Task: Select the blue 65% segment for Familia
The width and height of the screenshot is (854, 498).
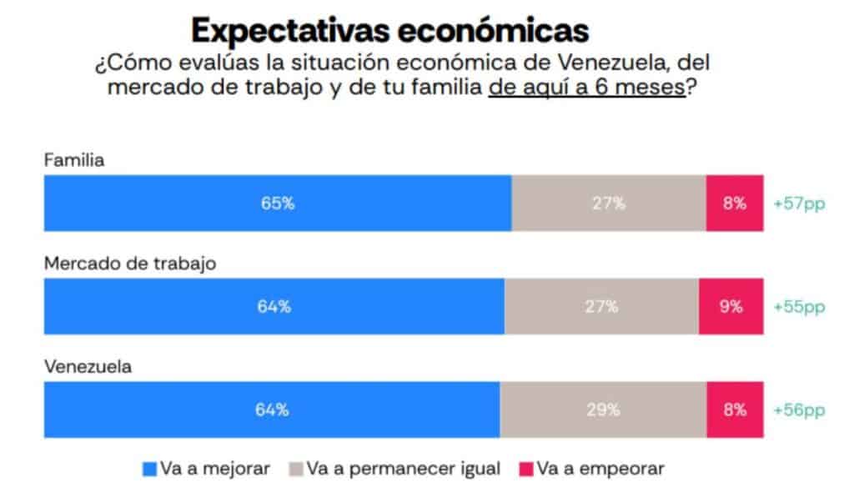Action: [277, 203]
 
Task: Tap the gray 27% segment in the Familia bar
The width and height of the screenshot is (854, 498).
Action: [608, 203]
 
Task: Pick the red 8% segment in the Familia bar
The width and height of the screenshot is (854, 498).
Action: [734, 203]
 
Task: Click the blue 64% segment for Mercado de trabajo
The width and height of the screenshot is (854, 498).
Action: [274, 306]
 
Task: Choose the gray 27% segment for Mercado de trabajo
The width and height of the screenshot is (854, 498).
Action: [600, 306]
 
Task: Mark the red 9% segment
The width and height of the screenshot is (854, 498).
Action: [731, 306]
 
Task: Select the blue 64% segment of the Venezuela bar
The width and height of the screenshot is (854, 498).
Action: [272, 410]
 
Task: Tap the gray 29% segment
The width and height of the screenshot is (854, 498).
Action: [603, 410]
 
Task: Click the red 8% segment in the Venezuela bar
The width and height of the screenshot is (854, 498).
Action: [734, 410]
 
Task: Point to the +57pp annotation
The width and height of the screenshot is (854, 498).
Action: [799, 203]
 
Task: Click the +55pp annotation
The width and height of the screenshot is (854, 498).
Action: [799, 306]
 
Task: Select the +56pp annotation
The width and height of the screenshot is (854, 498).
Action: [799, 410]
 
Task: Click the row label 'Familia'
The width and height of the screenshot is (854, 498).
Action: [74, 161]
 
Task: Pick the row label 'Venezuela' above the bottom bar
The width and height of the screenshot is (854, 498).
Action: [86, 366]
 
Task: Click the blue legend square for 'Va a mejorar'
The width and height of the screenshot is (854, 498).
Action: [150, 470]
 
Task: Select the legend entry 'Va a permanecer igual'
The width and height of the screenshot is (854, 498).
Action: [403, 469]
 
